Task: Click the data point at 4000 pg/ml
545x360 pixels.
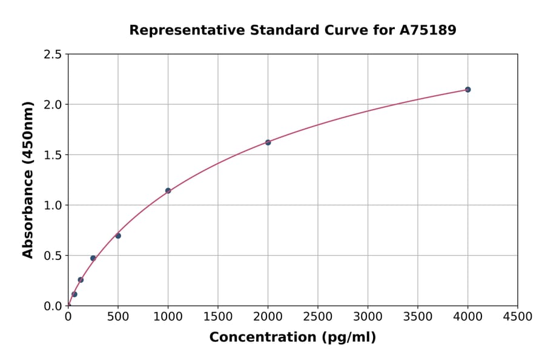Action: tap(467, 90)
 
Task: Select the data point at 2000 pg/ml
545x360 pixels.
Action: tap(268, 142)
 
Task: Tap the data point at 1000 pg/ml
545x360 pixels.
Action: tap(168, 191)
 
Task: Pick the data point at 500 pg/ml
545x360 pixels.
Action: tap(118, 236)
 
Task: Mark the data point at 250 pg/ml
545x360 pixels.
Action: tap(93, 258)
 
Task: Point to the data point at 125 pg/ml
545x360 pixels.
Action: tap(81, 280)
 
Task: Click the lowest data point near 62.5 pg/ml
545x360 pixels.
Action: tap(74, 295)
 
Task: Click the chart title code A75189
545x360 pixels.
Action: tap(429, 30)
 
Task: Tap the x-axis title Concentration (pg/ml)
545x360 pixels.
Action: tap(292, 337)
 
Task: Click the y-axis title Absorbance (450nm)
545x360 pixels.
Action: tap(28, 179)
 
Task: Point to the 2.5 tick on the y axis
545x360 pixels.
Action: tap(53, 55)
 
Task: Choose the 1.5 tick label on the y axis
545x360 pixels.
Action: tap(53, 155)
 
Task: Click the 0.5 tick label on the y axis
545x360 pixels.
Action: tap(53, 256)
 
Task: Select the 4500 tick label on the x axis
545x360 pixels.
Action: tap(518, 316)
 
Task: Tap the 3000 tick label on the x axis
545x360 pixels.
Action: tap(368, 316)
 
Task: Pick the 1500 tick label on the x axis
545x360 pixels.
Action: tap(218, 316)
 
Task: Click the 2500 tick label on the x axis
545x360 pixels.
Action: tap(318, 316)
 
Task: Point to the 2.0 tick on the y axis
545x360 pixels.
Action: tap(53, 105)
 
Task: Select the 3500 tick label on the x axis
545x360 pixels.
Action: tap(418, 316)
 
